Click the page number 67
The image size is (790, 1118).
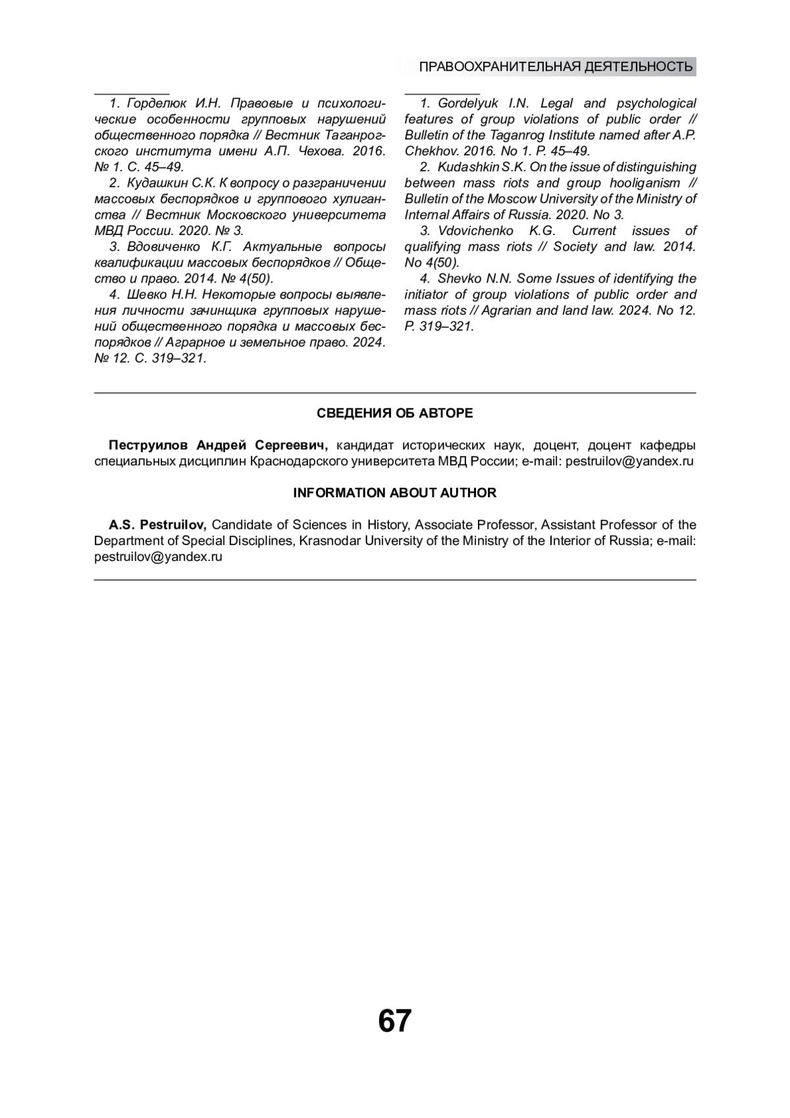[394, 1021]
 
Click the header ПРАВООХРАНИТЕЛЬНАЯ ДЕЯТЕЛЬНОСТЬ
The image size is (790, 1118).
[556, 67]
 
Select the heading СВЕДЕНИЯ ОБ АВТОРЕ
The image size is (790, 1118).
[394, 413]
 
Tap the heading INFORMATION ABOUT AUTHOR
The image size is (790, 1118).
[394, 492]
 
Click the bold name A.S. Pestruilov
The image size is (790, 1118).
[158, 525]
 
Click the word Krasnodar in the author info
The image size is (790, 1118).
[330, 541]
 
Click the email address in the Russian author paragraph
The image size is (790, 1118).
[629, 461]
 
